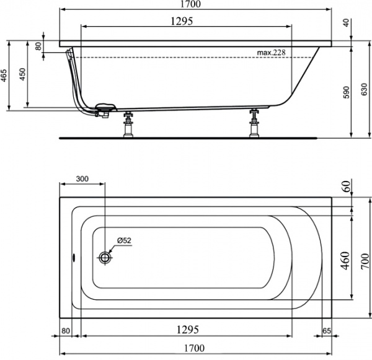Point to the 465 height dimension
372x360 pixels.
point(4,76)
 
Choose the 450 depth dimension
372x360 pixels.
point(23,74)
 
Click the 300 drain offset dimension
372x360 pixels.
point(82,178)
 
